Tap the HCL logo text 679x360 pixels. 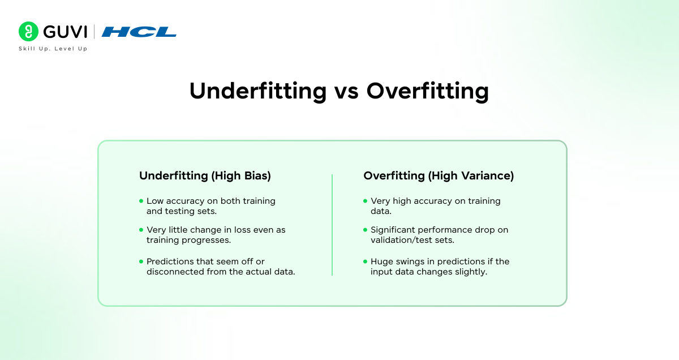(x=139, y=32)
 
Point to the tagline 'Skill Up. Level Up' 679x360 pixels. (x=53, y=49)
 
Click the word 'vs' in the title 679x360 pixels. (x=346, y=91)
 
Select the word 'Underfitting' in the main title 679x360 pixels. (x=258, y=91)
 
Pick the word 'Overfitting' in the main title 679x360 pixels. (x=427, y=91)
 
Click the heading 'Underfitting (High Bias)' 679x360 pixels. (x=205, y=176)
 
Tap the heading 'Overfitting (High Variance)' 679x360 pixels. (x=439, y=176)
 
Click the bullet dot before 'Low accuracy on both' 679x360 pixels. (x=141, y=201)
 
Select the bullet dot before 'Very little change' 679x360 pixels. (x=141, y=230)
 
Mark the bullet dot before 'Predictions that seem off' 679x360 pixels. (x=141, y=262)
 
